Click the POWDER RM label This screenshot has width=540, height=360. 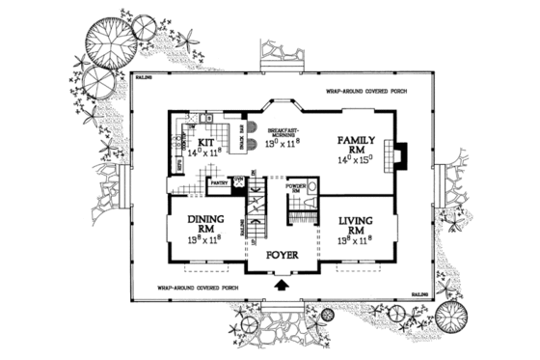point(297,186)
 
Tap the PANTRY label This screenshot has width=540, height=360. point(219,180)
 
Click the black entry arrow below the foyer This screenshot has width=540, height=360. point(281,285)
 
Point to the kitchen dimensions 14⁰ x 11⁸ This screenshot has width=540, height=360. point(208,152)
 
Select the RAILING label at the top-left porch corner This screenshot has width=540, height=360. point(143,74)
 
